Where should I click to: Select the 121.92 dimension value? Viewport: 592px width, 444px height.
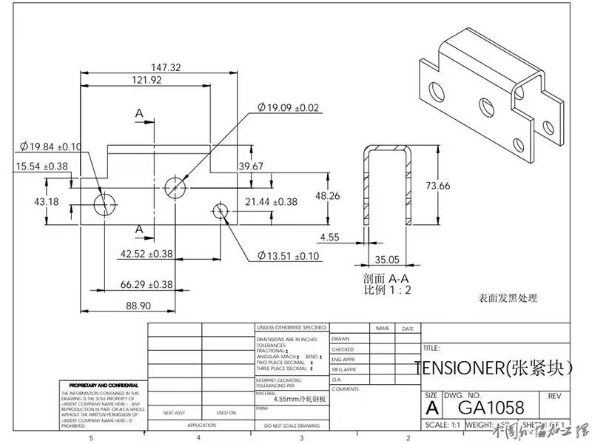click(x=147, y=80)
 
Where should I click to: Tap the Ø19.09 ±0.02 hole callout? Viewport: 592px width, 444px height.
click(x=289, y=108)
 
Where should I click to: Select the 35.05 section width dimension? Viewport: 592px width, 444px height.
click(x=387, y=260)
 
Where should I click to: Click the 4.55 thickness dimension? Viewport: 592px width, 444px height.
click(x=331, y=238)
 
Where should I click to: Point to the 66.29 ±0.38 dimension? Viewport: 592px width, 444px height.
click(x=146, y=284)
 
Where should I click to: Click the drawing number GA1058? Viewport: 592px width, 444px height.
click(x=491, y=407)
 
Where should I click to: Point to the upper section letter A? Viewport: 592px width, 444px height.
click(x=139, y=113)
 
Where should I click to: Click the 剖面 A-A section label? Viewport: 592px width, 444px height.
click(x=386, y=278)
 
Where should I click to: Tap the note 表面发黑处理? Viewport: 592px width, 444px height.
click(x=507, y=298)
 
